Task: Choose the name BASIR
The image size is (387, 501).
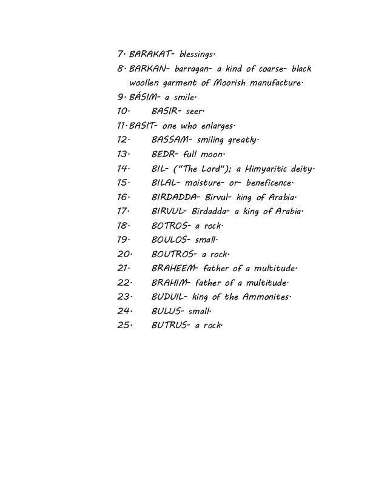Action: click(x=166, y=111)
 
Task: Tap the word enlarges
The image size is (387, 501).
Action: click(x=214, y=125)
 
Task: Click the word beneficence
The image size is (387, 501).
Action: click(x=268, y=183)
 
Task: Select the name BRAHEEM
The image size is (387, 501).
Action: click(x=172, y=269)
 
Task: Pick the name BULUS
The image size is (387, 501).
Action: click(x=167, y=312)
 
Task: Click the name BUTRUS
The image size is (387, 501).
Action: click(x=169, y=326)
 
